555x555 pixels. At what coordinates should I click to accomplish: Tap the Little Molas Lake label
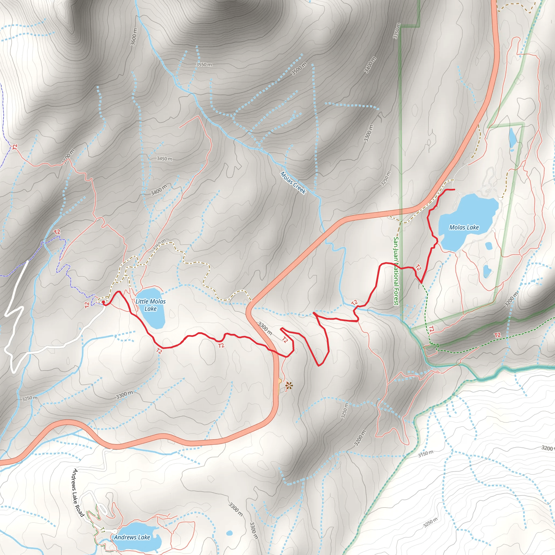pos(150,305)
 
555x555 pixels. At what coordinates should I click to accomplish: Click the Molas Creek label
pos(293,183)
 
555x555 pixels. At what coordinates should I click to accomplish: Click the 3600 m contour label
pos(134,37)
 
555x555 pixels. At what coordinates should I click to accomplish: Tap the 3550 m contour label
pos(204,65)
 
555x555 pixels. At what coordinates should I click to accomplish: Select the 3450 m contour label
pos(164,159)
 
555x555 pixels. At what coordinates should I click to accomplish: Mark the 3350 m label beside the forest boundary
pos(396,31)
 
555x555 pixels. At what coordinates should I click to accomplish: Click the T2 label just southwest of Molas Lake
pos(418,267)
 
